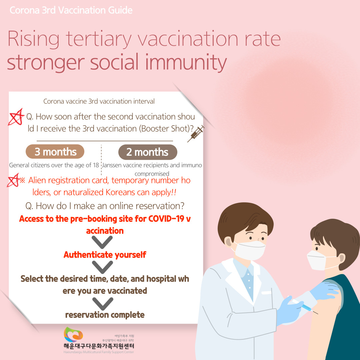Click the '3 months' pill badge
click(55, 152)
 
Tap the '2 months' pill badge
click(148, 152)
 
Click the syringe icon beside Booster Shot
click(196, 134)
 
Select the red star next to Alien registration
click(13, 180)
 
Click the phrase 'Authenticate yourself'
click(105, 255)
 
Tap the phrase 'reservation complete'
click(105, 315)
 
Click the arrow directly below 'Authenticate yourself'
click(102, 267)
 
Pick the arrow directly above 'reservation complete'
click(103, 304)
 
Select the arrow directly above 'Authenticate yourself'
click(102, 242)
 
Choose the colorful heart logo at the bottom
click(73, 334)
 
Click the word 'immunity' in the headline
click(186, 62)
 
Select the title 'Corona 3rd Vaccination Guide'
click(71, 10)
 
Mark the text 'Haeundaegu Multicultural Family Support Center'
click(99, 352)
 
